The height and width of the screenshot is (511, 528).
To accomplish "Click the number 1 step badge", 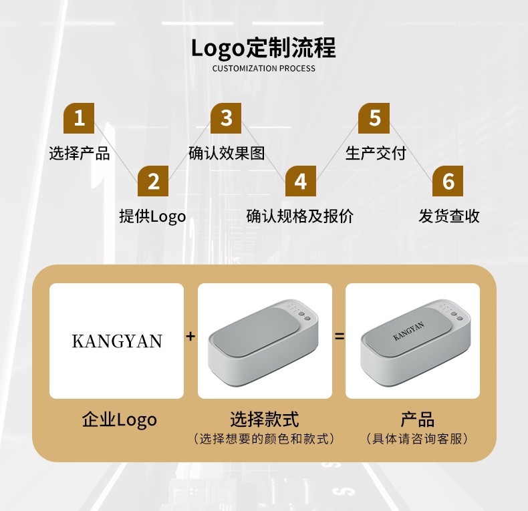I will coord(79,118).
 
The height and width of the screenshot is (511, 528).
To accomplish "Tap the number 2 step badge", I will coord(153,181).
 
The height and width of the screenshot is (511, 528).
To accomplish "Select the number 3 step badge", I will coord(226,118).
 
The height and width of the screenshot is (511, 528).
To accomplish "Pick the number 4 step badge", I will coord(300,181).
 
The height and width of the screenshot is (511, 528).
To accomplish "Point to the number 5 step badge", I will coord(374,118).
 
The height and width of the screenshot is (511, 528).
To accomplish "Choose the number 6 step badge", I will coord(448,181).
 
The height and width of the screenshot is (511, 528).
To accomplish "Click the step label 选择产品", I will coord(80,153).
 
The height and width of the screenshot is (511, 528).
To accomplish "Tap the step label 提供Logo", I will coord(152,216).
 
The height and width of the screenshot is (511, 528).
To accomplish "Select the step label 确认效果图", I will coord(227,153).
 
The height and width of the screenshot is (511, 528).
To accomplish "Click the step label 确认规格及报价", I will coord(300,216).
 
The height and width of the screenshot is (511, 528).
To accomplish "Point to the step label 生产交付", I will coord(375,153).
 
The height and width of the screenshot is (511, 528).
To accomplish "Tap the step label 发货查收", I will coord(448,216).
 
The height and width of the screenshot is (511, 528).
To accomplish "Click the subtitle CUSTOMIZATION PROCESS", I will coord(263,68).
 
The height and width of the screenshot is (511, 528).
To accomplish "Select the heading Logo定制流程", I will coord(263,48).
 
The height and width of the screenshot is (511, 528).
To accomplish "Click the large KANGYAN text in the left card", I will coord(117,341).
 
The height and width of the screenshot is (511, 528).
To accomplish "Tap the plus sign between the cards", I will coord(190,337).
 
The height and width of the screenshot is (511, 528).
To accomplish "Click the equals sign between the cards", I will coord(339,337).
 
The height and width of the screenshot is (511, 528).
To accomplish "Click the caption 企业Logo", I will coord(119,419).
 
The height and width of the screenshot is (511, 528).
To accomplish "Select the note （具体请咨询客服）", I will coord(417,439).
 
